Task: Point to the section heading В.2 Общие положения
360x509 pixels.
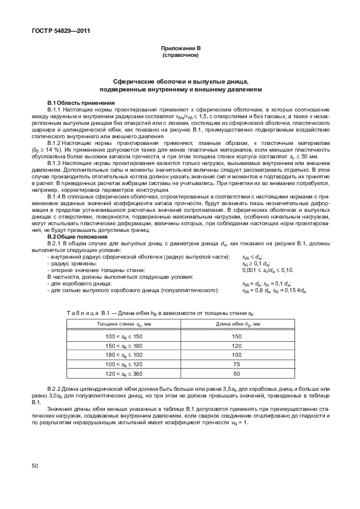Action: point(76,236)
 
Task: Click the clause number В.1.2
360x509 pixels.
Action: point(56,143)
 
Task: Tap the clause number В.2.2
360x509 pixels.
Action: point(56,387)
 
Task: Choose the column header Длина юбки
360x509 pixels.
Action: point(236,324)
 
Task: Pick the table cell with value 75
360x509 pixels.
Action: point(236,363)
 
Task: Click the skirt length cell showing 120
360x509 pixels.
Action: point(236,345)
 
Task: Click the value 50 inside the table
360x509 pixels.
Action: point(236,373)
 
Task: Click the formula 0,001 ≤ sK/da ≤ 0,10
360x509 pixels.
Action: point(267,270)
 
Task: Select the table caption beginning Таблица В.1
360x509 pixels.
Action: point(160,313)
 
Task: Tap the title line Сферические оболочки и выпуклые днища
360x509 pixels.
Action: point(179,81)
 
